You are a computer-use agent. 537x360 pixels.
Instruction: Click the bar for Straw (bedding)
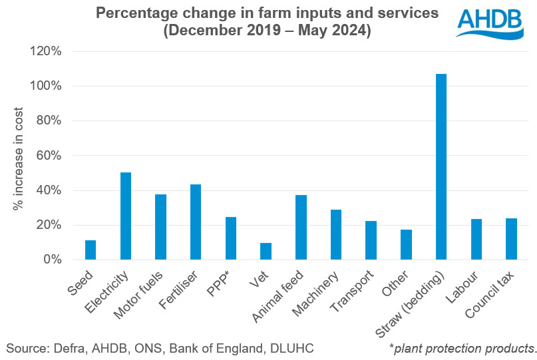[x=441, y=166]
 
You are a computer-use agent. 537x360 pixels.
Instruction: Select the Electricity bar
[x=125, y=216]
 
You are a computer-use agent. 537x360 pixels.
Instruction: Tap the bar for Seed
[x=90, y=250]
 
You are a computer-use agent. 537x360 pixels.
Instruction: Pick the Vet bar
[x=266, y=251]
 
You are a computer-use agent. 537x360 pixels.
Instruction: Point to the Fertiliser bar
[x=196, y=222]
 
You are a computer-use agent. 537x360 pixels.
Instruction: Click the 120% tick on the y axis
[x=48, y=51]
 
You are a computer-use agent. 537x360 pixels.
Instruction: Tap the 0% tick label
[x=53, y=260]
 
